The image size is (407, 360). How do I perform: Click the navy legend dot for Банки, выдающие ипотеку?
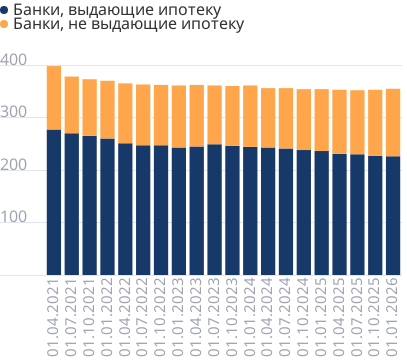6,8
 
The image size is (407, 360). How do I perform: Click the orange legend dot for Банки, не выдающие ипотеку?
6,22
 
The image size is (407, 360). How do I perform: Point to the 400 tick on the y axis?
13,61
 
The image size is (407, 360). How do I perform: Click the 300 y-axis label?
13,116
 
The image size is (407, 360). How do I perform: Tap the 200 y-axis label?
13,170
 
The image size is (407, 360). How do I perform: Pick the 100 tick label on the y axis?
13,224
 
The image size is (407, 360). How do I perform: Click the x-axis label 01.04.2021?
54,316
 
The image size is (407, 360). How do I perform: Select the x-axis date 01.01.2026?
393,316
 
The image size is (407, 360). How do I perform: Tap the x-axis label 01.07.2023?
215,316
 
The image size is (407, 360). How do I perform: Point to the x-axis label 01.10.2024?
304,316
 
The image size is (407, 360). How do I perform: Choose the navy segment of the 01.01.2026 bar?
393,215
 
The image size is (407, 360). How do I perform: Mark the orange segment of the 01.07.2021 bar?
72,105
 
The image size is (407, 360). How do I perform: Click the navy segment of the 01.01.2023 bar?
179,211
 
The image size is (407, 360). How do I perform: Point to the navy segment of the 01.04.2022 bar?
125,209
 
